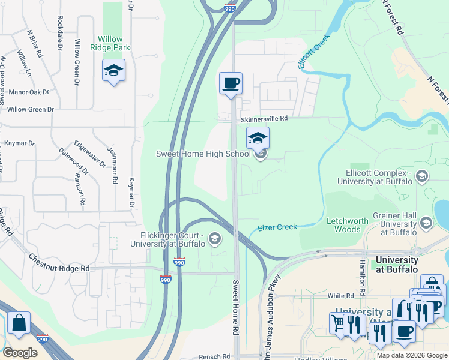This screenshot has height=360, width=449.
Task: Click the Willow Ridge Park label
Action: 110,43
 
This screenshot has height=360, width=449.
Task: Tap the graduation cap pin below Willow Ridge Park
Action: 113,71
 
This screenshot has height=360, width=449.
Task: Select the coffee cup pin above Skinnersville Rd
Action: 231,83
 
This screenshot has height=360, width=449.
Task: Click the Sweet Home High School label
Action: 203,154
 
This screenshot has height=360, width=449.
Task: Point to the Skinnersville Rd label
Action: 265,119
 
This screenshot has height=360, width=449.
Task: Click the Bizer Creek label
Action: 277,228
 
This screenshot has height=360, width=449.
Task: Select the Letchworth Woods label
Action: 347,225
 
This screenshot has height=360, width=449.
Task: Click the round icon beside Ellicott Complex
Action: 422,176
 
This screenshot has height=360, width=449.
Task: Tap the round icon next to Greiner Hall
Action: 426,224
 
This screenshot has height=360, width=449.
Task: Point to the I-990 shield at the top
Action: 230,8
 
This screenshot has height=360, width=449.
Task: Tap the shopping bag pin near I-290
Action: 19,323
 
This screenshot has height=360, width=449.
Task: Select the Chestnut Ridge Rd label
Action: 59,262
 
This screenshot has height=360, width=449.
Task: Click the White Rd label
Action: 340,296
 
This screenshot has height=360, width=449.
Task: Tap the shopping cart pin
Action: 339,323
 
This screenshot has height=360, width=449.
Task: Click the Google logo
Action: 20,352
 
